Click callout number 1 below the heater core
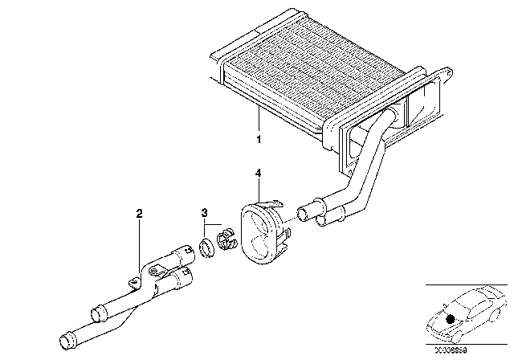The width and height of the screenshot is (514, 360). pos(259,138)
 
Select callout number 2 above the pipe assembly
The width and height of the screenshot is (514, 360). pos(139,214)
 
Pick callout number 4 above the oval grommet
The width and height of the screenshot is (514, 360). pos(258,173)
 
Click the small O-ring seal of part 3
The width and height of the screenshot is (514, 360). pos(205,245)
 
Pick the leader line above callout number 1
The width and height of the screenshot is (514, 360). pos(258,121)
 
